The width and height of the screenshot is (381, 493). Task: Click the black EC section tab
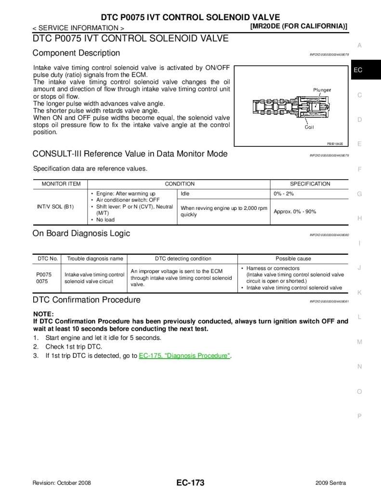(x=358, y=70)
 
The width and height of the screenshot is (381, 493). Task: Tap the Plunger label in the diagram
(x=322, y=90)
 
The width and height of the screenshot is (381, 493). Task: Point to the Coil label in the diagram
(x=309, y=127)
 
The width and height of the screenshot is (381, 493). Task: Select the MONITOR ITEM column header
(x=61, y=184)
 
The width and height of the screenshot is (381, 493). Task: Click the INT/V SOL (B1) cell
(x=55, y=207)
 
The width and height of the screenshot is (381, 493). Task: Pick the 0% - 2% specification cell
(x=284, y=194)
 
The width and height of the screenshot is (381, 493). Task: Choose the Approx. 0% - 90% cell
(x=295, y=211)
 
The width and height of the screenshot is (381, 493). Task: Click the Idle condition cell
(x=185, y=194)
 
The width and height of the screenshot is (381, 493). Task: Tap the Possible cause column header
(x=293, y=259)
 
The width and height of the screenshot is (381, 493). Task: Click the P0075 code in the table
(x=44, y=274)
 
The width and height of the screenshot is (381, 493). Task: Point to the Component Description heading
(x=76, y=53)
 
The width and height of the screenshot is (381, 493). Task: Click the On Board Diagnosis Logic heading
(x=81, y=234)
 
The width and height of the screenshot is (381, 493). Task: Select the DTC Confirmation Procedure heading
(x=86, y=300)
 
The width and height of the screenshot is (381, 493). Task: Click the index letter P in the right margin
(x=359, y=416)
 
